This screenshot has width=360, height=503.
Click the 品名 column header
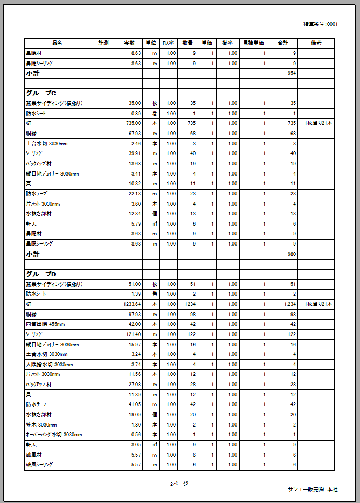tap(57, 43)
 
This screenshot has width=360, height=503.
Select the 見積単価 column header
tap(253, 43)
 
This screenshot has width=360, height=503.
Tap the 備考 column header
tap(316, 43)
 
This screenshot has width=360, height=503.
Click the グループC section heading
tap(41, 93)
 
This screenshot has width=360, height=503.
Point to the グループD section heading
tap(41, 274)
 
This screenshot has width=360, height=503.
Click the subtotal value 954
tap(292, 73)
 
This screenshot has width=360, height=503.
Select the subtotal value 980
tap(292, 254)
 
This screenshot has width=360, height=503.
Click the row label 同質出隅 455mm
tap(45, 324)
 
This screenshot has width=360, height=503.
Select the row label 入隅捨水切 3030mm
tap(49, 364)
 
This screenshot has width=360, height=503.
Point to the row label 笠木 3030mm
tap(41, 424)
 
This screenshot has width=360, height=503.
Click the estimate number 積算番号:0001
tap(321, 24)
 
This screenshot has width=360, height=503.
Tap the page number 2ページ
tap(179, 484)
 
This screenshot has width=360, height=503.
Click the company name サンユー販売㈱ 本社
tap(313, 489)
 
